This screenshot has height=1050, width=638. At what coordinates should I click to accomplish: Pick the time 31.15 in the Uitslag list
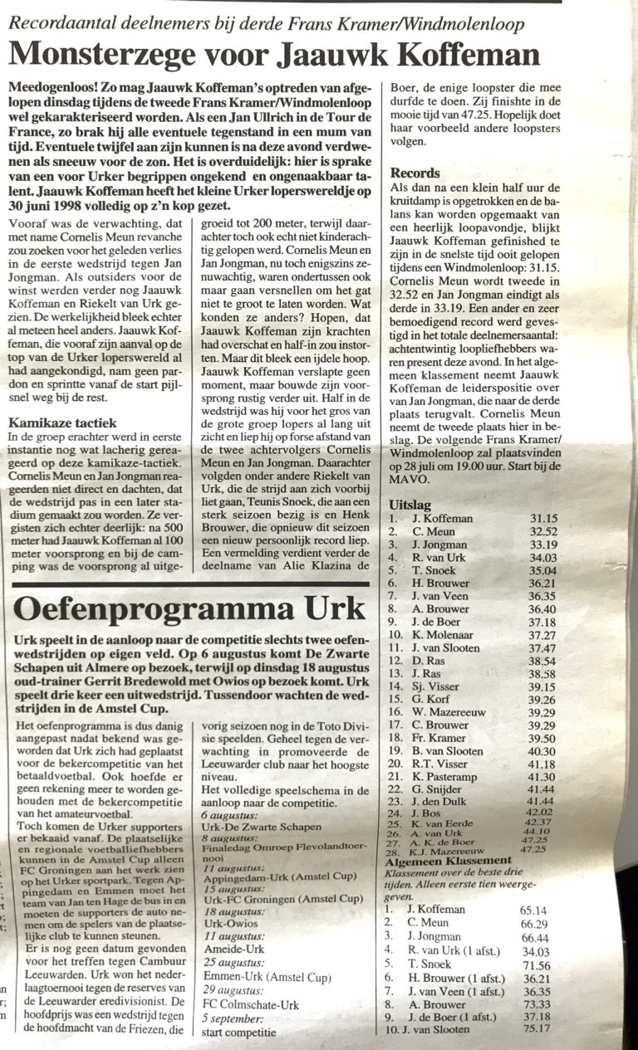pos(545,518)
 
